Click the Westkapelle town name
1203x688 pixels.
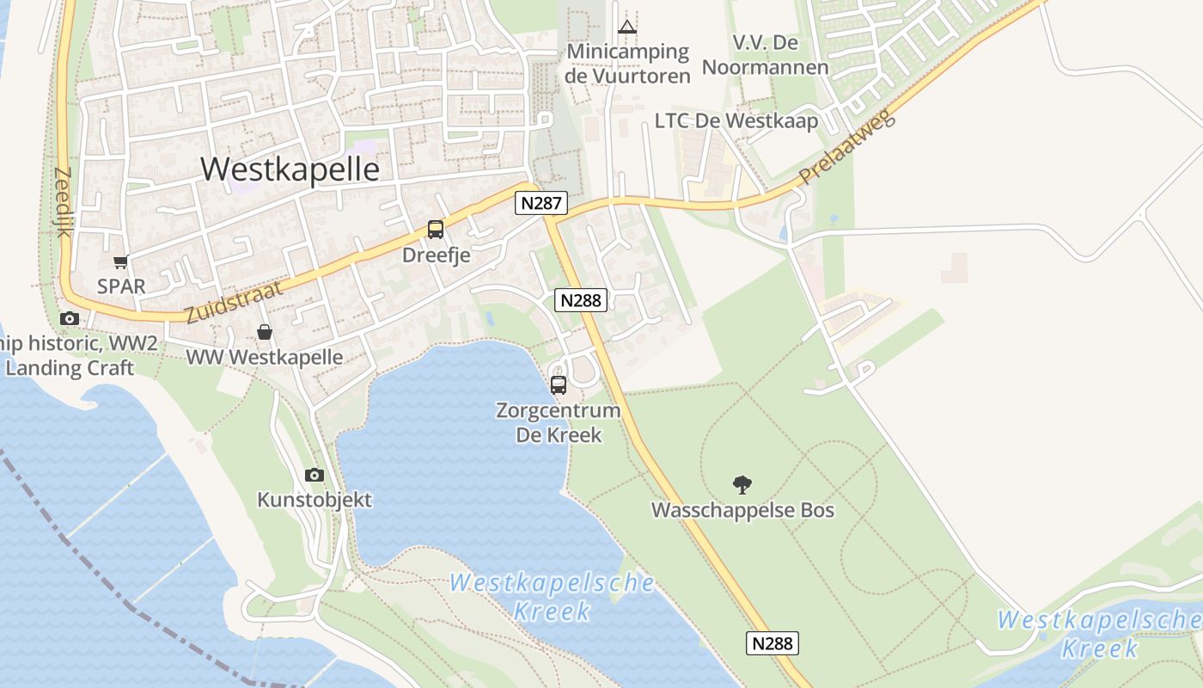point(290,169)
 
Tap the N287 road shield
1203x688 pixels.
point(541,203)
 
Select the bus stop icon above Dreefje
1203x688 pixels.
point(436,230)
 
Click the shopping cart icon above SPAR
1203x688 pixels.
point(120,262)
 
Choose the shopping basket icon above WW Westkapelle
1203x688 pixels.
point(265,332)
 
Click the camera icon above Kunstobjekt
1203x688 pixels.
point(314,475)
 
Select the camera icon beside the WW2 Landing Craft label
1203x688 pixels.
point(70,319)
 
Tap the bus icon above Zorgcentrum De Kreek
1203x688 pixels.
point(559,384)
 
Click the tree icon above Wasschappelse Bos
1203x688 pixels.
point(742,485)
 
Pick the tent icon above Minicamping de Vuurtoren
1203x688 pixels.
point(628,26)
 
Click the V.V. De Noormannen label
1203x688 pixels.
point(765,55)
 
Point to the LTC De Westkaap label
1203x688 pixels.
point(736,121)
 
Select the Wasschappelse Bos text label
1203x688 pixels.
point(742,510)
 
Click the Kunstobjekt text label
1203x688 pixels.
point(314,500)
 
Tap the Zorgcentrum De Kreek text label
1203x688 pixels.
point(559,422)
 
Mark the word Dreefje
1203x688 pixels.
point(436,255)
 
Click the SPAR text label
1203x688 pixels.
point(121,286)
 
